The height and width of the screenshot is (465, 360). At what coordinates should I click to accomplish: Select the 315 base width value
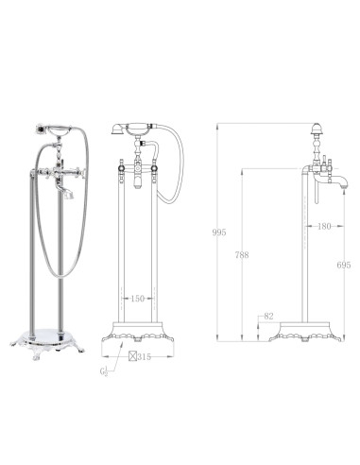(145, 357)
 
